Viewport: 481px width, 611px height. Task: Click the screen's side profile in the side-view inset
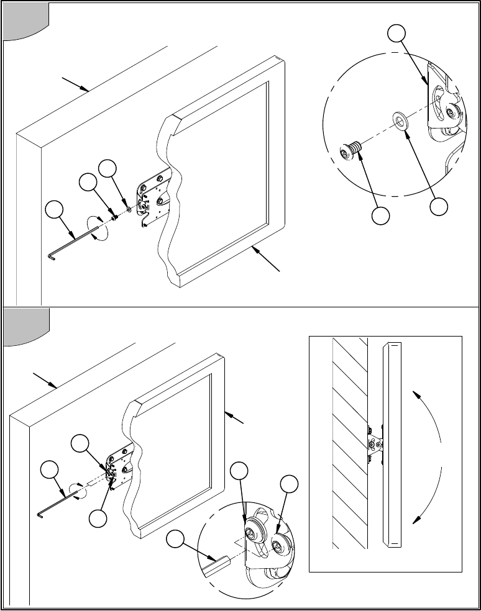pyautogui.click(x=391, y=444)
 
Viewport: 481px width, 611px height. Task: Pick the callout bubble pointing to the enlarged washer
pyautogui.click(x=439, y=207)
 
